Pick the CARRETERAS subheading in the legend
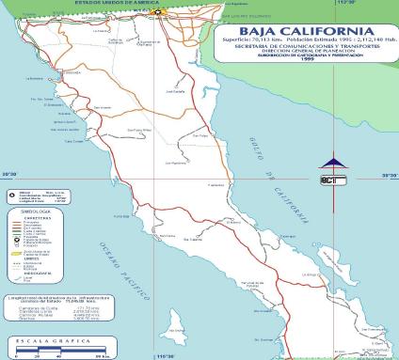[x=29, y=221]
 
